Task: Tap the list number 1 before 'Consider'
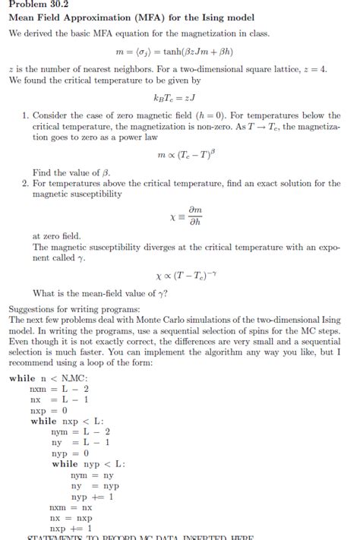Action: click(x=24, y=115)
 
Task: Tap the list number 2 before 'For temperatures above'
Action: click(x=24, y=184)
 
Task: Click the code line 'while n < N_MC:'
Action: click(x=49, y=378)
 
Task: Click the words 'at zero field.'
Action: click(x=57, y=236)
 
